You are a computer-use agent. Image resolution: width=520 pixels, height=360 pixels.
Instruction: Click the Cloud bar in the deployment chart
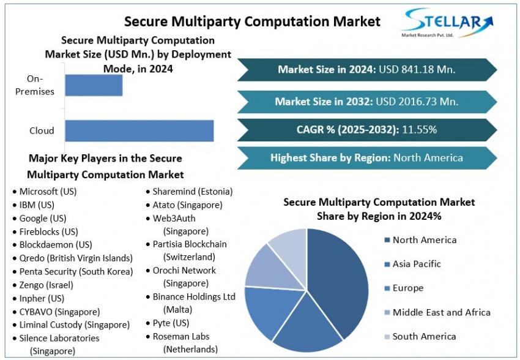point(139,131)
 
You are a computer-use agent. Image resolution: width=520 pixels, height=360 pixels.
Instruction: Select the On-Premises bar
point(94,85)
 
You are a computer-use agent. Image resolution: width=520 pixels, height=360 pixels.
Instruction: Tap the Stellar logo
point(447,23)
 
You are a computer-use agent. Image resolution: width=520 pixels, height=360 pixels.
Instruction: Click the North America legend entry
point(420,240)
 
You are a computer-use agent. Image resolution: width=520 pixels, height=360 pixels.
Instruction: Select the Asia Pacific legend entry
point(412,264)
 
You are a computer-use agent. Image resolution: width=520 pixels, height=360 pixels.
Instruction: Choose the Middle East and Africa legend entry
point(437,313)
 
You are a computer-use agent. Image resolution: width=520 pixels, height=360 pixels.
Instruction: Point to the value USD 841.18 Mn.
point(417,69)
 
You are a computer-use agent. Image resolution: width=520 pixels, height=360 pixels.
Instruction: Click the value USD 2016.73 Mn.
point(417,101)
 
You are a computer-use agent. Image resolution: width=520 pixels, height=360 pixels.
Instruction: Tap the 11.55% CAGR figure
point(420,129)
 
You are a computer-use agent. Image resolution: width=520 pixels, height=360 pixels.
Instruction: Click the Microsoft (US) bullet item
point(45,192)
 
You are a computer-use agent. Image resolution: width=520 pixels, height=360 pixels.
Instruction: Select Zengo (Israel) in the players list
point(43,285)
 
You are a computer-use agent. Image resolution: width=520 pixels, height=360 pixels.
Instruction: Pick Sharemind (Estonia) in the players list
point(190,192)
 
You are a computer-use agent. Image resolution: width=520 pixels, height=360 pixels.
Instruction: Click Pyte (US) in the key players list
point(168,323)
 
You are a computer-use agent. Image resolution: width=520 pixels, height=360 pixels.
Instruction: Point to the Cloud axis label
point(42,131)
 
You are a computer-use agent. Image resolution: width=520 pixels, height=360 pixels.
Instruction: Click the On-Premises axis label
point(35,85)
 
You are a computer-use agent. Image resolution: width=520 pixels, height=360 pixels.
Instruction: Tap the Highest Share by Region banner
point(367,158)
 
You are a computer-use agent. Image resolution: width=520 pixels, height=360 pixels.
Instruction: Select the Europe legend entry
point(404,288)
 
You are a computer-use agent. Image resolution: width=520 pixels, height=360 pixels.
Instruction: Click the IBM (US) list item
point(34,205)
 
